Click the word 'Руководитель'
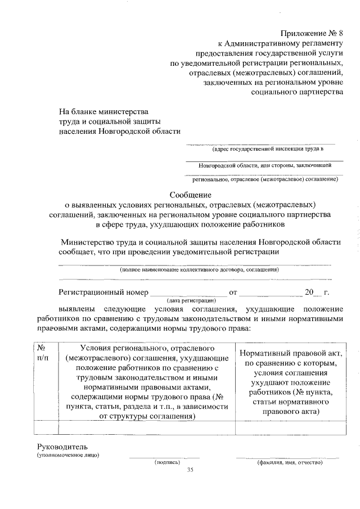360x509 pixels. pos(60,446)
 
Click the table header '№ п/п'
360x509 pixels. pos(43,353)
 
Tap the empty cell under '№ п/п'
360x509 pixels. pos(43,428)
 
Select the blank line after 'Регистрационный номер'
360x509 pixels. pos(187,292)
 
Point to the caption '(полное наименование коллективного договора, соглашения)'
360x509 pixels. pos(199,270)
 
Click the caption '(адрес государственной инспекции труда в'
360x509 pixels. pos(268,150)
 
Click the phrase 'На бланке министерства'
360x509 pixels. pos(104,111)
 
